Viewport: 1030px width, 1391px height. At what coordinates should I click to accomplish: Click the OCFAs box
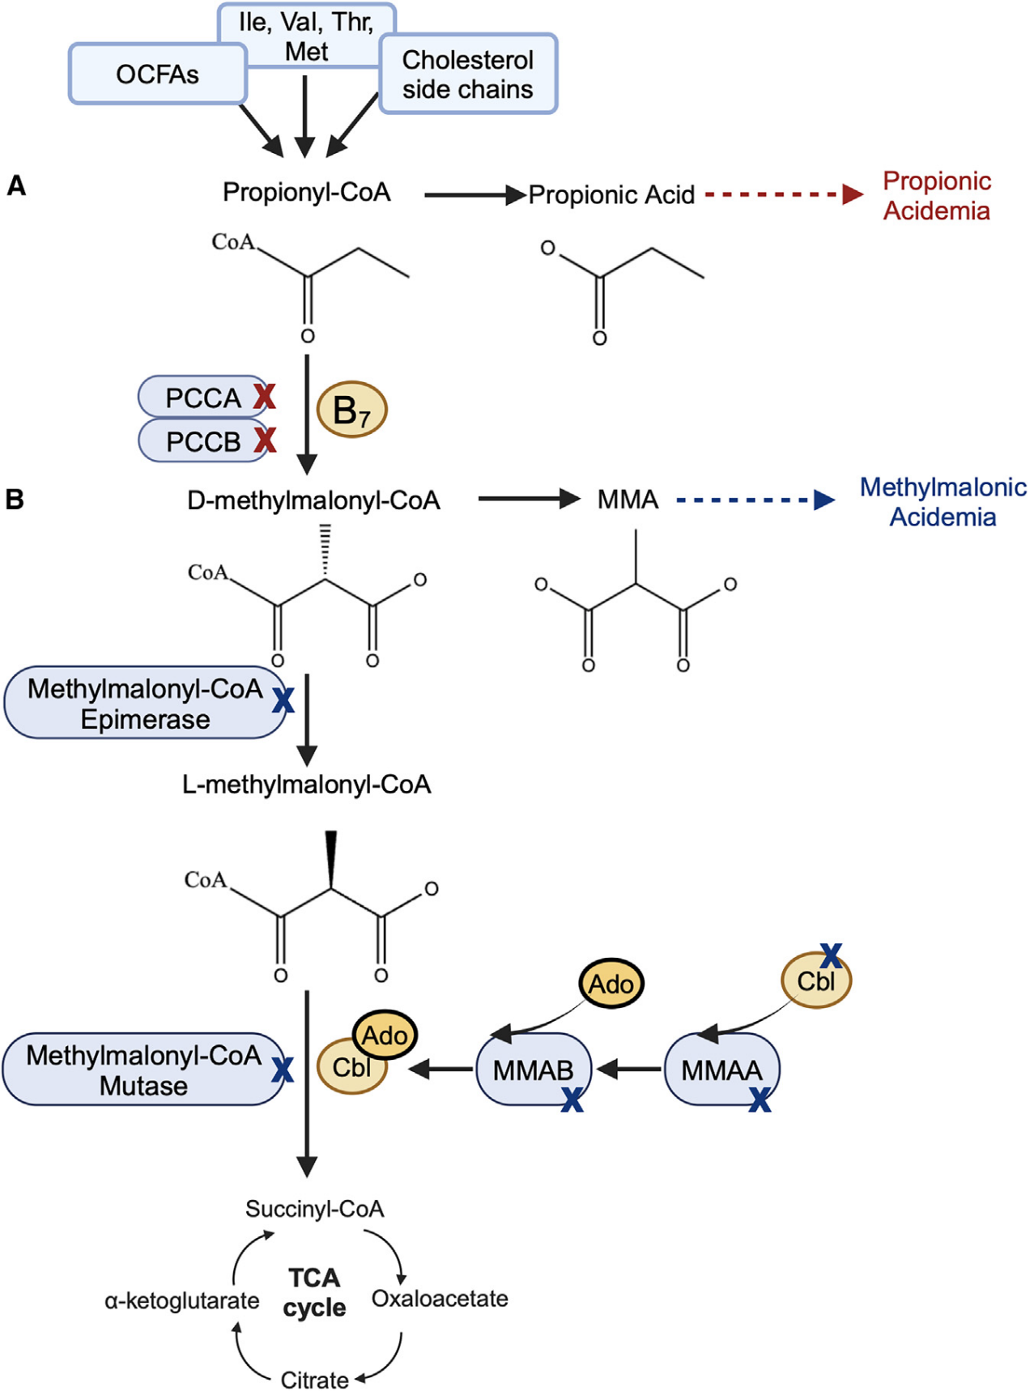157,74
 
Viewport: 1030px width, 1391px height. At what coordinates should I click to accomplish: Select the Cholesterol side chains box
468,74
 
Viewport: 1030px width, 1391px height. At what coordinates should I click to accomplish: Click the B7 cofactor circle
351,410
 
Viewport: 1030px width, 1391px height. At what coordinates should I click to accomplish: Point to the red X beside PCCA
265,396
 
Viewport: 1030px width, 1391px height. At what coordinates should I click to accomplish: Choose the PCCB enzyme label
203,441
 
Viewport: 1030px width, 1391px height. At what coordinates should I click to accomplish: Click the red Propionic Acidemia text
937,196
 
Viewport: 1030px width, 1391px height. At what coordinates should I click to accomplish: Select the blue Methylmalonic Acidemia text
943,502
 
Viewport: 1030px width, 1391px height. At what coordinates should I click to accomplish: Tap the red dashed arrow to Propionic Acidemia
781,194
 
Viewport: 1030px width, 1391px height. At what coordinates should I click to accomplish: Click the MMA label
628,500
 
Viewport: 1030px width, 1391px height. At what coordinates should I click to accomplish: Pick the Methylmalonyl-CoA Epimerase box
145,704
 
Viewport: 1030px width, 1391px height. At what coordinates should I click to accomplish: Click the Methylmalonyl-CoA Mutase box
143,1070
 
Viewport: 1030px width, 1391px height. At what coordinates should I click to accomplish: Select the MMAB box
533,1070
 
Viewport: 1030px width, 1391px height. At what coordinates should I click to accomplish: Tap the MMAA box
721,1070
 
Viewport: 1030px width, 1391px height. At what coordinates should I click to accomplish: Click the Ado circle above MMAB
611,985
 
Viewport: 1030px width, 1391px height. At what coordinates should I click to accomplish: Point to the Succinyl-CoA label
314,1209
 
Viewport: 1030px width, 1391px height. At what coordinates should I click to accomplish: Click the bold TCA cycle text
314,1292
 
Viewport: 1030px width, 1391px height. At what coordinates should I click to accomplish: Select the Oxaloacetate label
440,1299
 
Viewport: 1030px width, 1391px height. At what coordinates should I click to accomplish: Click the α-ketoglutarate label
182,1301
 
